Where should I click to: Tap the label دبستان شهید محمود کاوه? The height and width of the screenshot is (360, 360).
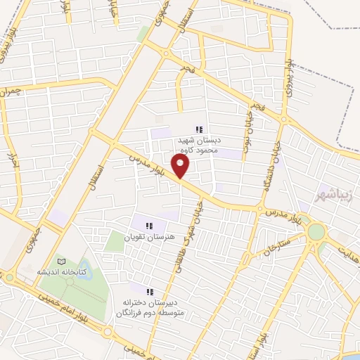[199, 145]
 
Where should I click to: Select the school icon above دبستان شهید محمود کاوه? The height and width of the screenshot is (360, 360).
[199, 129]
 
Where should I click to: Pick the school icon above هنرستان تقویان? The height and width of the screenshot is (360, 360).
[148, 226]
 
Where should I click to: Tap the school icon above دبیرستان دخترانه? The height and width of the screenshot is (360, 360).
[149, 291]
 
